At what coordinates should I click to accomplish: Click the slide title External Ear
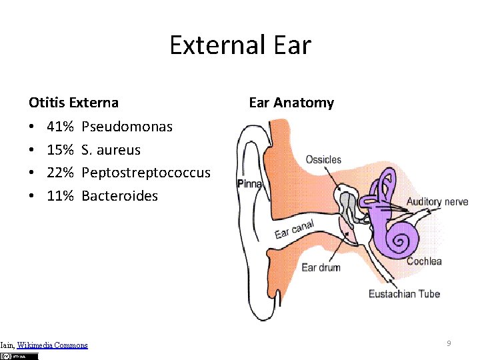tap(240, 45)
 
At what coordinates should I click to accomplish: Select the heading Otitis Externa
tap(73, 103)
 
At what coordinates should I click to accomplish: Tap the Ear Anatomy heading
tap(291, 103)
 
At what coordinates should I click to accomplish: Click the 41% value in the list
tap(60, 126)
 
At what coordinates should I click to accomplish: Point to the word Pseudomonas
tap(127, 126)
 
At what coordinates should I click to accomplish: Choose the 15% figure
tap(60, 149)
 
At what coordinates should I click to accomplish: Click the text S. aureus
tap(111, 149)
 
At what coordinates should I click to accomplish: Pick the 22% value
tap(60, 173)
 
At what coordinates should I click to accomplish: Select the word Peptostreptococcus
tap(145, 173)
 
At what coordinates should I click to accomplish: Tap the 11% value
tap(60, 196)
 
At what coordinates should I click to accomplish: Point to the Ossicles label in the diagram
tap(323, 159)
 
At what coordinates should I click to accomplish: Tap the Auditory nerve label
tap(437, 201)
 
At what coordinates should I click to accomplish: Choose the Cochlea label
tap(424, 261)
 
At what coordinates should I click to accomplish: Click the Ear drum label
tap(321, 267)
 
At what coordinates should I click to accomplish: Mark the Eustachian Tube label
tap(404, 293)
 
